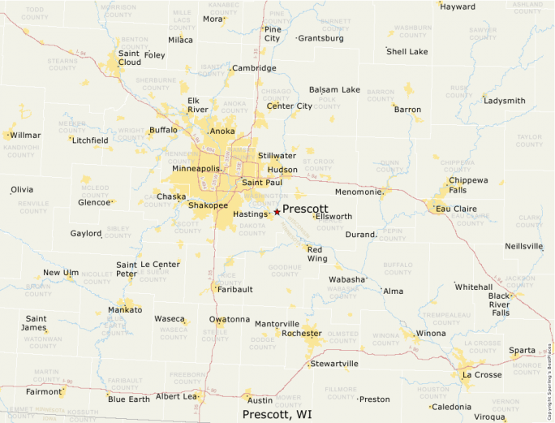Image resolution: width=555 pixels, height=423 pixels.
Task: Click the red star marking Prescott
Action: [277, 211]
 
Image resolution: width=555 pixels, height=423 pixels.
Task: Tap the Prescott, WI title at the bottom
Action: [277, 414]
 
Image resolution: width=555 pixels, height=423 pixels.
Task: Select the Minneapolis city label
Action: [196, 168]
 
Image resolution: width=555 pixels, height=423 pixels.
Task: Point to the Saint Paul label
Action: [262, 183]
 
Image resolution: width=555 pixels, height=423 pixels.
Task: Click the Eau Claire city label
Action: [455, 209]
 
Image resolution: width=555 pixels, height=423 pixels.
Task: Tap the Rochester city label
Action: [302, 333]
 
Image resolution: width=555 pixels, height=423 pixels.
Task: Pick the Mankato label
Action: [125, 310]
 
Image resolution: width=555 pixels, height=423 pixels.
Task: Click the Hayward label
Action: [458, 6]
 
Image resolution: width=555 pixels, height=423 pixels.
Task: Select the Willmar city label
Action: [25, 135]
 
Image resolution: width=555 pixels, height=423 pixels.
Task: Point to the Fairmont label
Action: [44, 391]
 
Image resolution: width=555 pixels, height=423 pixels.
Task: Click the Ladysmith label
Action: [504, 101]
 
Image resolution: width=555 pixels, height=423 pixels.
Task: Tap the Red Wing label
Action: [316, 253]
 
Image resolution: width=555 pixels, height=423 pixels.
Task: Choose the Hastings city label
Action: [250, 214]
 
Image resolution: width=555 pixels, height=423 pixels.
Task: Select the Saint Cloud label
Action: [129, 58]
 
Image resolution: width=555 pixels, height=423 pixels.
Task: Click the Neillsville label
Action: [523, 246]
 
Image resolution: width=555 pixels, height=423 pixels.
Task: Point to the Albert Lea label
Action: [177, 396]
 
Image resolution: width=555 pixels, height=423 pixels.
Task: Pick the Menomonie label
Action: [358, 192]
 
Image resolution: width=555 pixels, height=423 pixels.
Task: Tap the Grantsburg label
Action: [321, 38]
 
